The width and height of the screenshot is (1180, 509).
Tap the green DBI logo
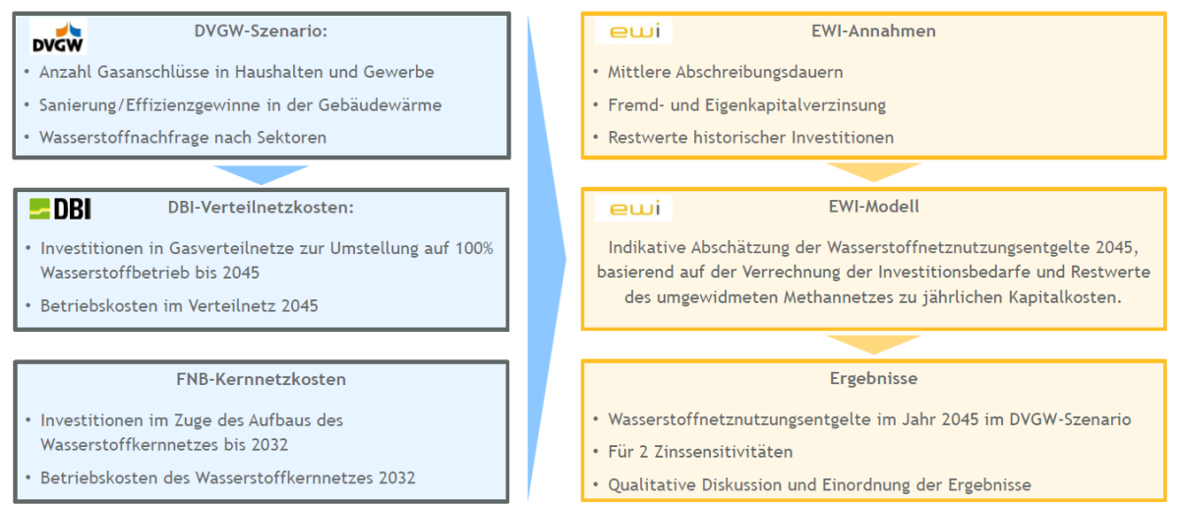(x=60, y=208)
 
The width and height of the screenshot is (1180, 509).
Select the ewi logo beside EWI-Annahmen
(x=634, y=32)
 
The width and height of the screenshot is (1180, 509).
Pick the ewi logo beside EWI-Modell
(x=634, y=209)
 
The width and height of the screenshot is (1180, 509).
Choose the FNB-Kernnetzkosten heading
(x=261, y=379)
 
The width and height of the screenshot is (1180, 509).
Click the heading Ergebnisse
(x=875, y=379)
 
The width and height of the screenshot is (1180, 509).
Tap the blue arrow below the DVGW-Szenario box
(x=261, y=173)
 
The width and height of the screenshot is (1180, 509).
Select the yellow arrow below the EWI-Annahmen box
(x=873, y=172)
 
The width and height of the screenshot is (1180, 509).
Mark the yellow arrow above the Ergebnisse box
(x=873, y=344)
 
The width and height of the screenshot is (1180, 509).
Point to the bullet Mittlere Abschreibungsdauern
(x=725, y=72)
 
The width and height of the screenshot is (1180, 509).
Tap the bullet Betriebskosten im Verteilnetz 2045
(x=179, y=305)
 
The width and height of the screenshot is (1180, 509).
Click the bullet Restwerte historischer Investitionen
(x=750, y=137)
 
